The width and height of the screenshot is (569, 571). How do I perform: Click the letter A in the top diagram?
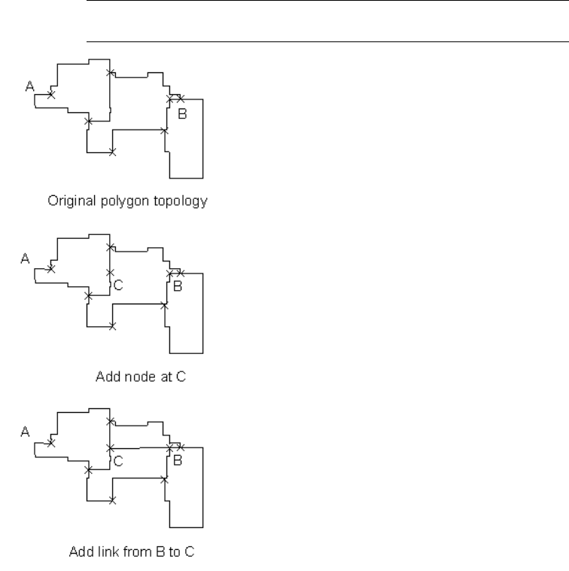(x=29, y=87)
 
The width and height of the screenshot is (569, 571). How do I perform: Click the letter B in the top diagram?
(x=181, y=115)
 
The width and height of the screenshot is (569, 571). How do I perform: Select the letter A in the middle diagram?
(x=25, y=258)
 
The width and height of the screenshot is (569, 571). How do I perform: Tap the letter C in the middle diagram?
(x=118, y=285)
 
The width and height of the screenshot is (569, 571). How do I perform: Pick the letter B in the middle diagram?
(x=178, y=286)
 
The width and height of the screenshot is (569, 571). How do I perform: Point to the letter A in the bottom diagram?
(x=25, y=432)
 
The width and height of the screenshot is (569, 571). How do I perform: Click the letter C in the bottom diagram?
(x=118, y=458)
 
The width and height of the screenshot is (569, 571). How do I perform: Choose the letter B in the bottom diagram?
(x=178, y=459)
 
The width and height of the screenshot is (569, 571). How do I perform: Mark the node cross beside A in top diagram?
(x=51, y=95)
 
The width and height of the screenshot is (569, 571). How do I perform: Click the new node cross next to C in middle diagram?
(x=111, y=273)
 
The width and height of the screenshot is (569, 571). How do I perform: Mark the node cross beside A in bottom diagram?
(x=51, y=443)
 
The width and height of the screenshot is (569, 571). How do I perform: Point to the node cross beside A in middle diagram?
(x=51, y=269)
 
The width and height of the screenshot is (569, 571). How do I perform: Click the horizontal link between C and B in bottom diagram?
(x=139, y=447)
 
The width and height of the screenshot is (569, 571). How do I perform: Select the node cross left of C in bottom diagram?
(x=111, y=447)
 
